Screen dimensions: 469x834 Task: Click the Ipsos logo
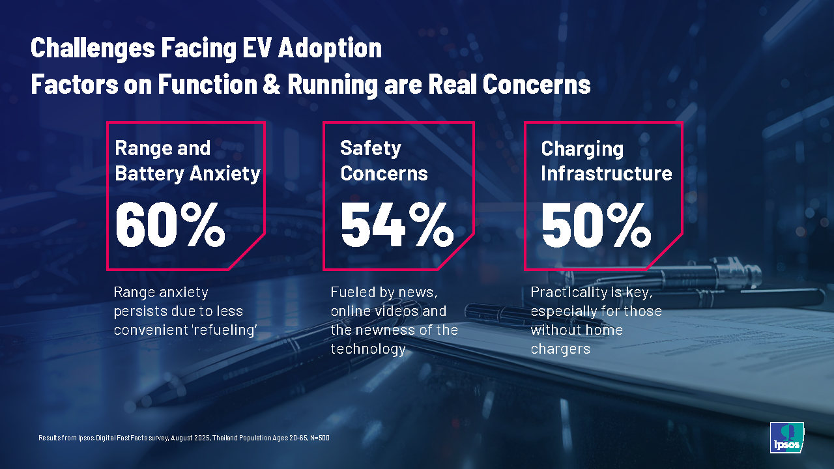tap(786, 437)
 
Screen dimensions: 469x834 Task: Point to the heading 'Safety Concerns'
tap(384, 160)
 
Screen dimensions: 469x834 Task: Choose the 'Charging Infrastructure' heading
tap(607, 160)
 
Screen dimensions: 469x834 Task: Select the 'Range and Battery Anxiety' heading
tap(187, 160)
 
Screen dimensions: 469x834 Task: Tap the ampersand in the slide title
tap(272, 85)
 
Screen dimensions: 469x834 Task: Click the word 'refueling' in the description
tap(223, 330)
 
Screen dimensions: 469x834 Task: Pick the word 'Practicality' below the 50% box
tap(570, 292)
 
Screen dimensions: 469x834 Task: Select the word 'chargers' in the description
tap(560, 349)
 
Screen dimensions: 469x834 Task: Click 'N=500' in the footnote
tap(319, 438)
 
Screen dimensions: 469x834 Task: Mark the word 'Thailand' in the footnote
tap(225, 438)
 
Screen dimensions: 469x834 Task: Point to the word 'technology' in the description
tap(367, 349)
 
